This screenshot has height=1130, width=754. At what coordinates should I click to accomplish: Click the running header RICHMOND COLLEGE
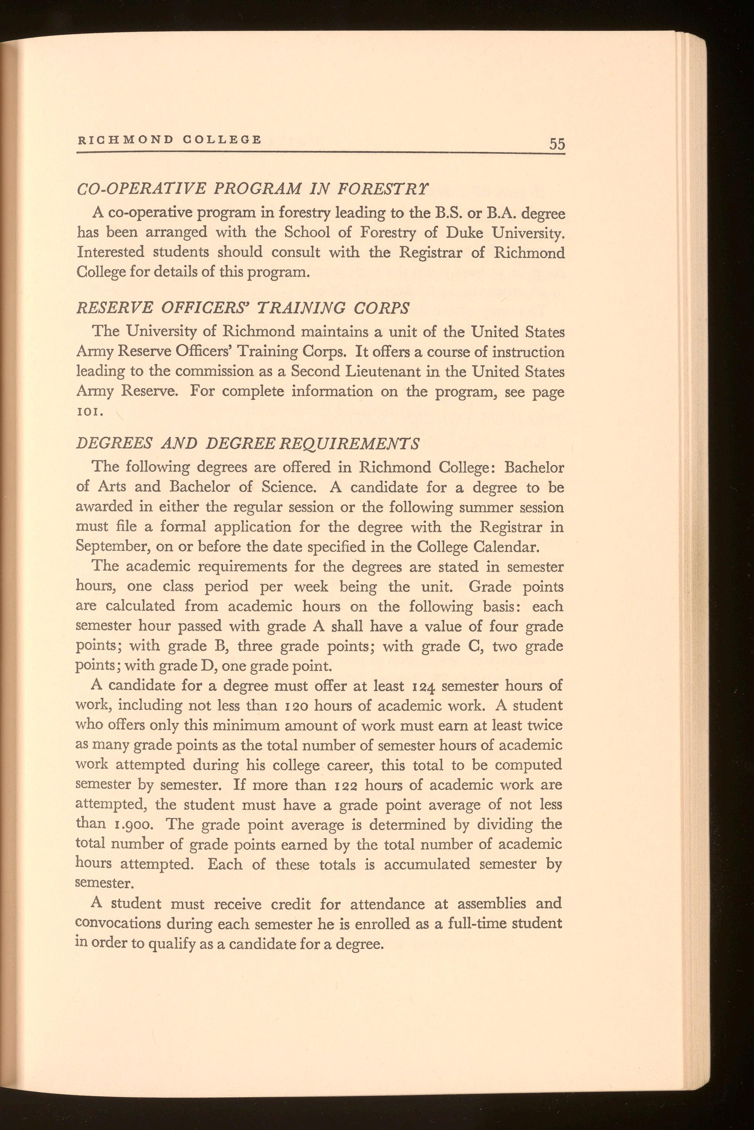169,140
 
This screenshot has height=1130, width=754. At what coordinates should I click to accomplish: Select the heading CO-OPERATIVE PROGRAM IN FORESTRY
252,189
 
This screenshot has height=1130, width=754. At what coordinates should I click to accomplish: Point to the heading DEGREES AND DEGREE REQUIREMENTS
247,443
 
